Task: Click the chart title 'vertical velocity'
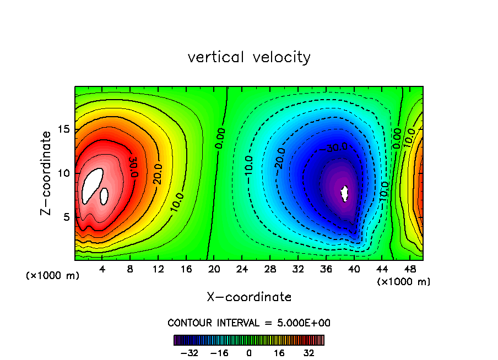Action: (x=249, y=57)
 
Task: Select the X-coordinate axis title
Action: (x=249, y=297)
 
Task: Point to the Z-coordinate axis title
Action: (x=48, y=173)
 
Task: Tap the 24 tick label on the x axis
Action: (x=242, y=269)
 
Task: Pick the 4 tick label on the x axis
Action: (x=102, y=269)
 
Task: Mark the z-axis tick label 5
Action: (x=64, y=217)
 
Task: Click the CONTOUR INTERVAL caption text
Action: (x=249, y=323)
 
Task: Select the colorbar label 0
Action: (x=249, y=353)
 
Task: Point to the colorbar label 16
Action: (x=279, y=353)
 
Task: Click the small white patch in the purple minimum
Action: (x=345, y=193)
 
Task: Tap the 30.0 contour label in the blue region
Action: (x=336, y=147)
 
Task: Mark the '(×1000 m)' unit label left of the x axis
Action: (x=53, y=276)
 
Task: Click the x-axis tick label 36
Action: (x=326, y=269)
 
